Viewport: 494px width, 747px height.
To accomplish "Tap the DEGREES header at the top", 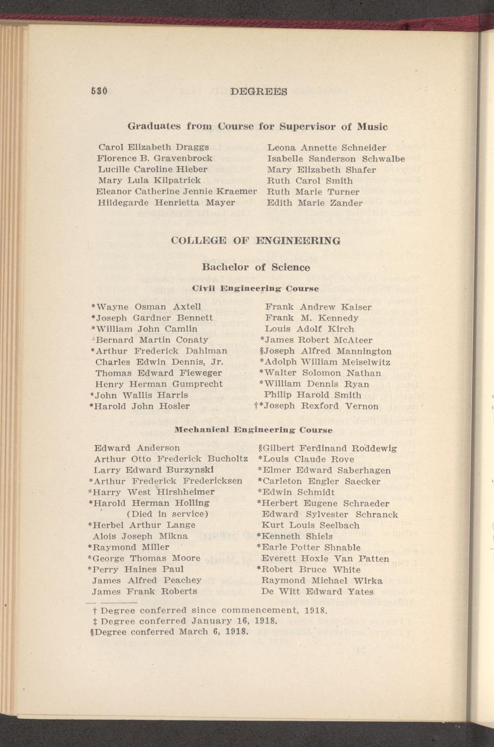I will coord(258,91).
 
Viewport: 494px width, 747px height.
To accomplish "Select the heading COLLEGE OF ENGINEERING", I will coord(255,240).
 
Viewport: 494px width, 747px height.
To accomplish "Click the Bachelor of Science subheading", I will coord(256,267).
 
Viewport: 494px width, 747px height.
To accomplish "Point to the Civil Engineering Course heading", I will coord(256,289).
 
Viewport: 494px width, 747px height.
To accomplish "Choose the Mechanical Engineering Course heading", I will coord(253,430).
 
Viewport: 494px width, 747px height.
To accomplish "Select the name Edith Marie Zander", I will coord(315,203).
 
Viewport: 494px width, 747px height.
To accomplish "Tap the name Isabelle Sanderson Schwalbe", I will coord(336,159).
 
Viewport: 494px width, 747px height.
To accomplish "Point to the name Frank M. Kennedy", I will coord(312,318).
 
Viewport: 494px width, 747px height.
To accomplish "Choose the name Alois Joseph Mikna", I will coord(141,536).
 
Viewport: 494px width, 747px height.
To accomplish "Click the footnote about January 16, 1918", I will coord(186,621).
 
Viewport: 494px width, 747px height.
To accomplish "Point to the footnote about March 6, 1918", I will coord(169,632).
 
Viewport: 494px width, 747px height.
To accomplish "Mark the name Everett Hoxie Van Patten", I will coord(325,559).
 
